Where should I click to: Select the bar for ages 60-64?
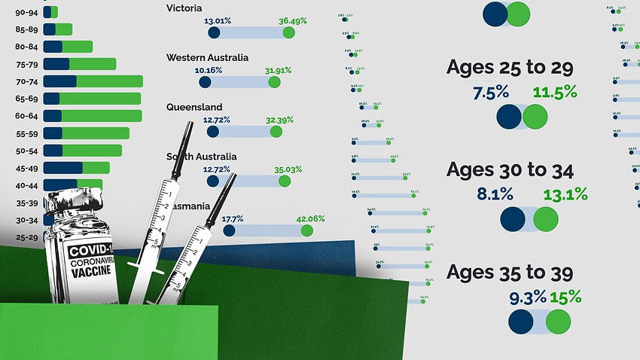click(93, 115)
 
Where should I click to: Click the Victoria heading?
click(184, 8)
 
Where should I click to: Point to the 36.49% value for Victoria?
click(292, 21)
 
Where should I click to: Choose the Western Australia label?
click(207, 57)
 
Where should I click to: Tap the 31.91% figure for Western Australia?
click(279, 71)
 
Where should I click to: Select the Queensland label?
click(194, 107)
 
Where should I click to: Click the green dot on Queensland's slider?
click(276, 132)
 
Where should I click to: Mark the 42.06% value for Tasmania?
click(310, 219)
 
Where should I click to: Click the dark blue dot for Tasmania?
click(229, 231)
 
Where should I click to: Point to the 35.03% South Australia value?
click(285, 169)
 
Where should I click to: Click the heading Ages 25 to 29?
click(510, 68)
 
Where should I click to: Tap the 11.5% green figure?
click(555, 92)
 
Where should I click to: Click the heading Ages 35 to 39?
click(510, 273)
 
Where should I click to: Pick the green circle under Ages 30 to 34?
click(546, 219)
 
